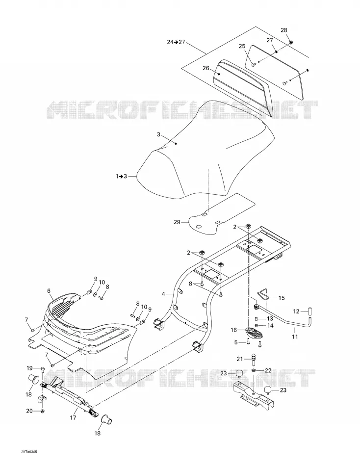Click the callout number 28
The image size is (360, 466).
(x=284, y=30)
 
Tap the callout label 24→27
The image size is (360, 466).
(x=176, y=42)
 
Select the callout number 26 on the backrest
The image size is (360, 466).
(x=206, y=68)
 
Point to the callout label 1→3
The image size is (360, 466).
(x=121, y=177)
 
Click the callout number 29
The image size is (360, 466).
(x=177, y=222)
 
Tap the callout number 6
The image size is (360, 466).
(x=49, y=290)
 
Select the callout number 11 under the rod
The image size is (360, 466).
(x=295, y=337)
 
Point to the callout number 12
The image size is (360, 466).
(x=296, y=311)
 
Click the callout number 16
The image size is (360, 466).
(x=233, y=330)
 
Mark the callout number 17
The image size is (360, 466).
(x=73, y=417)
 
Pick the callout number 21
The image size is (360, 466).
(x=240, y=359)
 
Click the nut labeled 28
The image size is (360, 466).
(x=291, y=42)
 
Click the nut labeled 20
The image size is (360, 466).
(x=42, y=412)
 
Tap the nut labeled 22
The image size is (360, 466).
(x=254, y=370)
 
